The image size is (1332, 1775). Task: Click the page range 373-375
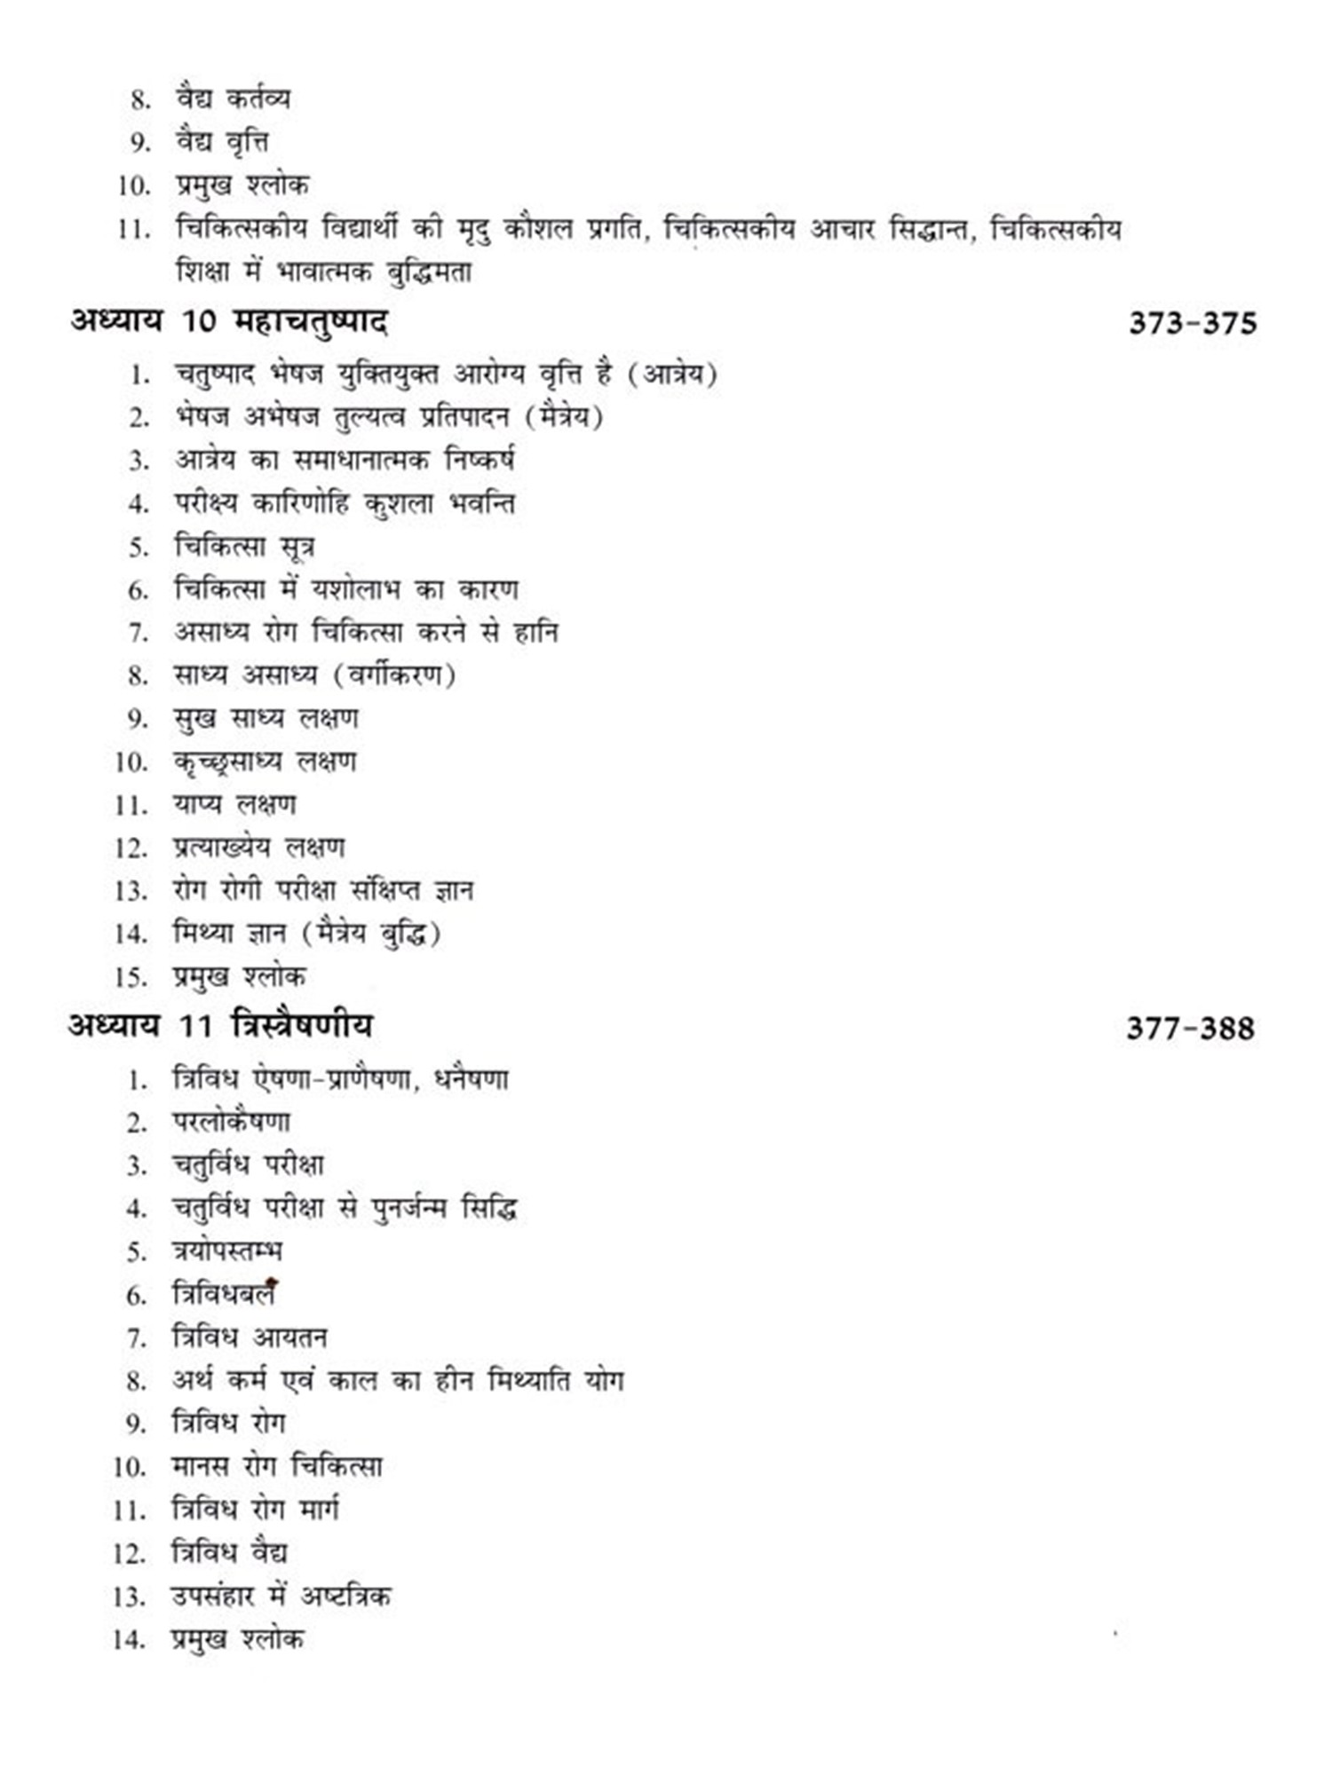1193,322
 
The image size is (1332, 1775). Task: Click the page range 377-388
1190,1029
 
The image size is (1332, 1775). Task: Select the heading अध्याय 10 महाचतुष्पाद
229,320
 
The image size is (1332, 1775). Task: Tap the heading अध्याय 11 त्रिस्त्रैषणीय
220,1026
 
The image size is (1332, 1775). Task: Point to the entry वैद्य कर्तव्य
233,99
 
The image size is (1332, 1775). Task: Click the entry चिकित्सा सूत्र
244,546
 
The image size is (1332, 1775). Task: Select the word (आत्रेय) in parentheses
672,374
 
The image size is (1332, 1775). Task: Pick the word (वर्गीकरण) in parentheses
395,675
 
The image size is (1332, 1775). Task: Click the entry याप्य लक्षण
234,805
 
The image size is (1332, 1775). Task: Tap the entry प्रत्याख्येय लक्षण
258,848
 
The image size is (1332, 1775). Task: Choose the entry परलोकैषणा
232,1123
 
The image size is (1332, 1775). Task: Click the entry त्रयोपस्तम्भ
227,1251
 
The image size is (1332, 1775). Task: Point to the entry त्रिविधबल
224,1295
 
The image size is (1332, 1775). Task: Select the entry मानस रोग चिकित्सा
277,1466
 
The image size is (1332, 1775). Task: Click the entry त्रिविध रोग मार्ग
256,1510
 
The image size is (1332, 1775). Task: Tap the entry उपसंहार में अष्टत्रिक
281,1596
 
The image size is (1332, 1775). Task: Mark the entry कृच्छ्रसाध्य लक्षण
265,761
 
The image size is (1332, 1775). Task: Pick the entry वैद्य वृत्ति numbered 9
222,142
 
